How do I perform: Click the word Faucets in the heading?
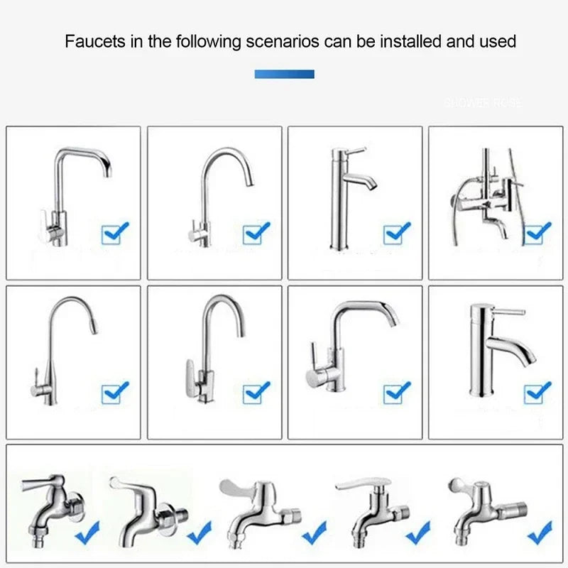coord(93,41)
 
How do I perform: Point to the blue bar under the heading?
coord(284,74)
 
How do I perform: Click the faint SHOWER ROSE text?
coord(483,103)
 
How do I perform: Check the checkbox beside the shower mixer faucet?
coord(537,232)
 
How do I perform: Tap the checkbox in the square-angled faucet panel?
coord(115,233)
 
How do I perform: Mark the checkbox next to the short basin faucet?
coord(537,392)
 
